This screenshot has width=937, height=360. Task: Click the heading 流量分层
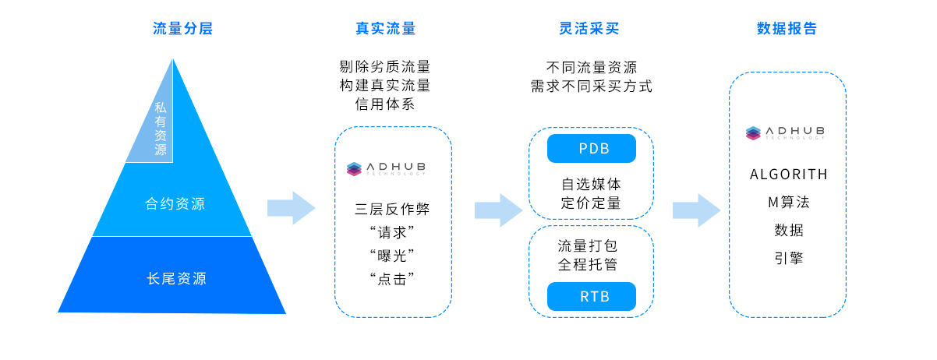coord(182,29)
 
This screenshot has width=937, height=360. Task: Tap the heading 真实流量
coord(385,29)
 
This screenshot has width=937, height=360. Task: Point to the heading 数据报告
coord(787,29)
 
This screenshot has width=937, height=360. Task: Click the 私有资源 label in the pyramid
coord(160,128)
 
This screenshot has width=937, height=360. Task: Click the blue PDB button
coord(592,149)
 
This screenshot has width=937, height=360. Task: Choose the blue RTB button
coord(592,297)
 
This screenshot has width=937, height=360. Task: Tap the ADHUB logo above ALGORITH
coord(785,132)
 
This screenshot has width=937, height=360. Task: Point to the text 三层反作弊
coord(392,209)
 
